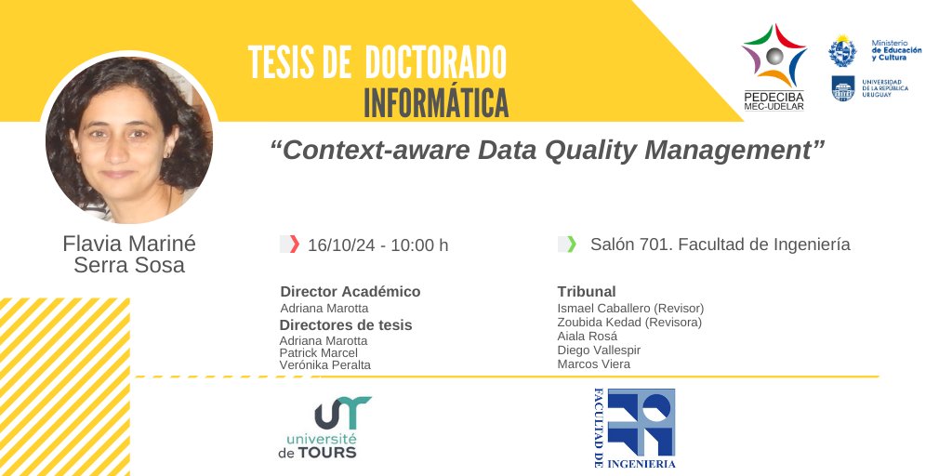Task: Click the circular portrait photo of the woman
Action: tap(128, 140)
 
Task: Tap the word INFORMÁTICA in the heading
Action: tap(436, 102)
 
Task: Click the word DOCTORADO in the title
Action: tap(435, 63)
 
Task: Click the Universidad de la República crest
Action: tap(842, 88)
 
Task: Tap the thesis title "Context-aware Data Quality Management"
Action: tap(548, 151)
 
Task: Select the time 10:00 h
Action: tap(419, 245)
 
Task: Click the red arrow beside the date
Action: tap(294, 245)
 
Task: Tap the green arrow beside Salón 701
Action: tap(571, 245)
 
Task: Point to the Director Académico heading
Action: tap(350, 292)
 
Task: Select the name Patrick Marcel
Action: tap(319, 353)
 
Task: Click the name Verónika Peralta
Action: tap(324, 365)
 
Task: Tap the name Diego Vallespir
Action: tap(599, 350)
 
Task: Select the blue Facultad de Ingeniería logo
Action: tap(634, 428)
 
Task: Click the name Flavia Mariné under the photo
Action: tap(129, 244)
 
